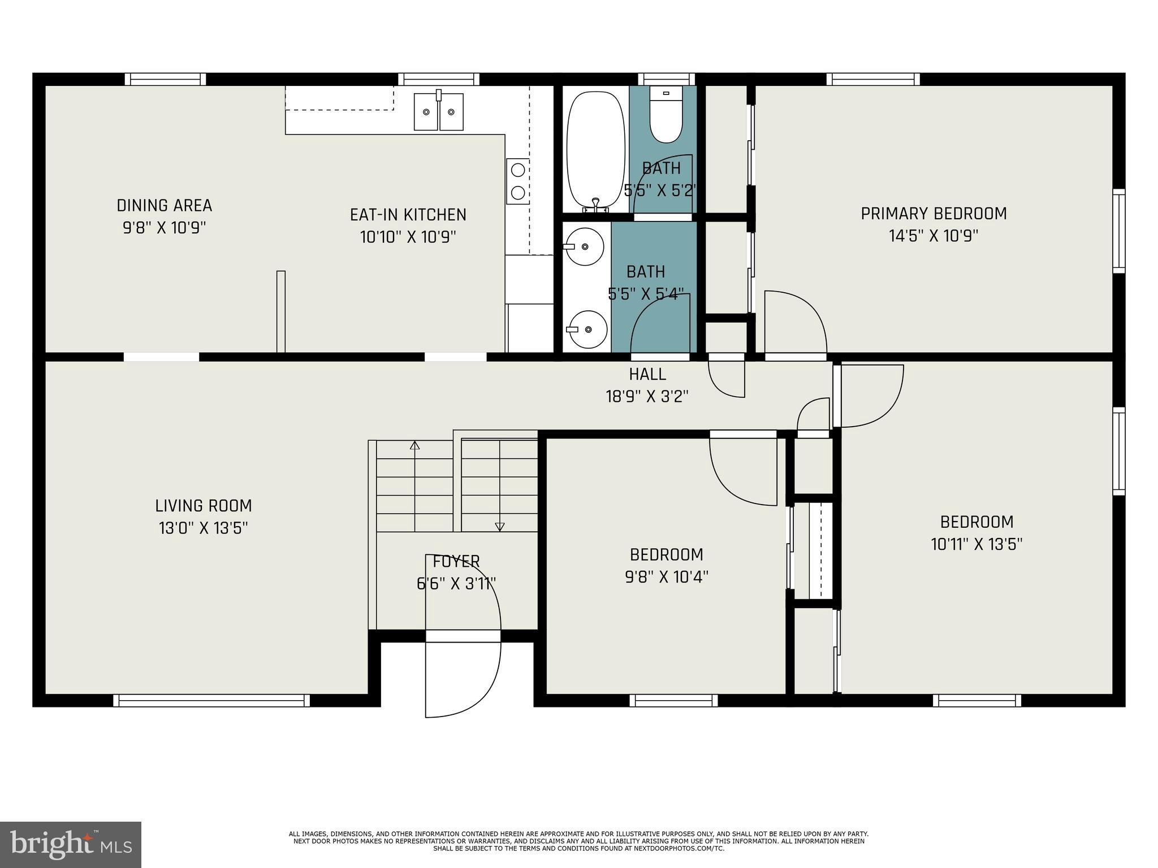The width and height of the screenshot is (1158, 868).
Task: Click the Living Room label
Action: (x=204, y=506)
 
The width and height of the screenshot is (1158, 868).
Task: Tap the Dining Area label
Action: (x=165, y=205)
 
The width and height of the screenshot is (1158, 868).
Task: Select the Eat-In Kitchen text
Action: (x=408, y=215)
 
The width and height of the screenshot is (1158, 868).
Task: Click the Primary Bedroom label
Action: (x=934, y=214)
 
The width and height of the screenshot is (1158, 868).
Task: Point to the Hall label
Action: (x=647, y=374)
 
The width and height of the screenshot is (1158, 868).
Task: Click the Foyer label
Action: (x=456, y=562)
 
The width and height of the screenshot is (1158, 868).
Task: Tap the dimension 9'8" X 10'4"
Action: (x=667, y=577)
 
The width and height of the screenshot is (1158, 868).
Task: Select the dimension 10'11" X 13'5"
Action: (x=976, y=544)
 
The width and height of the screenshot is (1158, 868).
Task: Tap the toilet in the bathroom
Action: (x=666, y=115)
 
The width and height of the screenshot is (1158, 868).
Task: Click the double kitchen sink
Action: (x=439, y=112)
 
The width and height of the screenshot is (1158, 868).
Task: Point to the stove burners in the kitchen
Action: (x=517, y=181)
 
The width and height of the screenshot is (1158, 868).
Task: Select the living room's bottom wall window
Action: (x=211, y=700)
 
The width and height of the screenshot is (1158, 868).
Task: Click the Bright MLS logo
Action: (x=71, y=844)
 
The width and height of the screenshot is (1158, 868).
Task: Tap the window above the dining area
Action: (x=165, y=79)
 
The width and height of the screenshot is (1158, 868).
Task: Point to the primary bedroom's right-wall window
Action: (x=1118, y=231)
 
